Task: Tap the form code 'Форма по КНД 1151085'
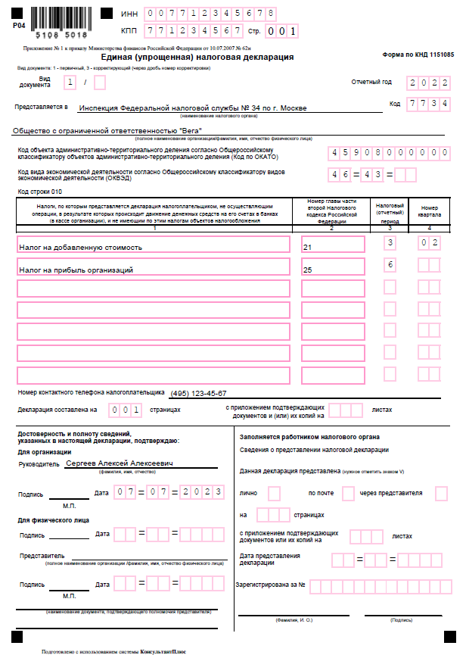(418, 55)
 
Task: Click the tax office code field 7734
(429, 104)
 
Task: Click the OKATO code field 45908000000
(389, 152)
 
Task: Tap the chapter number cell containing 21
(333, 246)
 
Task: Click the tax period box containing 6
(390, 265)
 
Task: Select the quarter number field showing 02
(429, 243)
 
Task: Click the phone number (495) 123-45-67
(198, 394)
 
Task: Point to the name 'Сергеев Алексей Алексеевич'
(120, 462)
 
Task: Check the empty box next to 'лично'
(274, 493)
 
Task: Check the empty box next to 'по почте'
(348, 493)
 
